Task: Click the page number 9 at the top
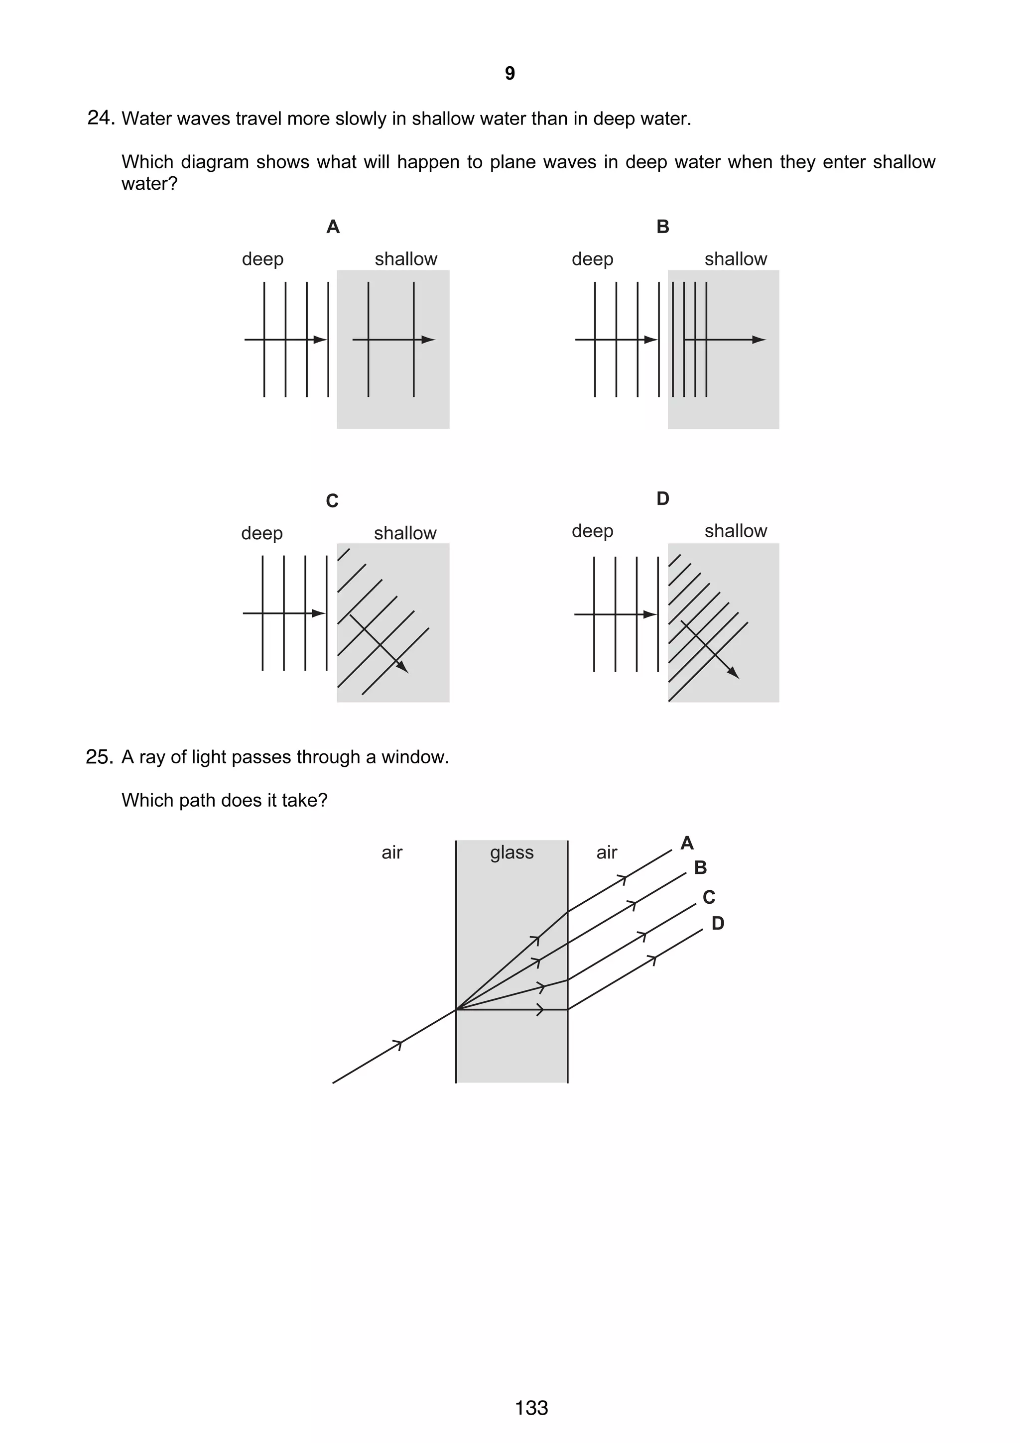(x=510, y=74)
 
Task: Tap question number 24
(x=100, y=118)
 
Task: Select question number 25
(x=99, y=757)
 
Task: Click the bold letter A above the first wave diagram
(x=333, y=227)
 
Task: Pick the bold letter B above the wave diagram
(x=662, y=227)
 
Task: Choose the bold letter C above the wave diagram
(x=333, y=501)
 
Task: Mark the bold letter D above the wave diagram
(x=662, y=498)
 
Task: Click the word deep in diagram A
(x=262, y=259)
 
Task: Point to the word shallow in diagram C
(x=405, y=533)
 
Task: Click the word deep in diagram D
(x=592, y=531)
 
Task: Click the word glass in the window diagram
(x=511, y=852)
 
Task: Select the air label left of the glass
(x=391, y=852)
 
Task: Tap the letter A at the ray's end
(x=687, y=843)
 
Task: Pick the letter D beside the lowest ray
(x=718, y=923)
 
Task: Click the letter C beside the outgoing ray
(x=709, y=897)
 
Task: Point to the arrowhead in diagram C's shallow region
(x=403, y=667)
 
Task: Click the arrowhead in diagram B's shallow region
(x=759, y=340)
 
